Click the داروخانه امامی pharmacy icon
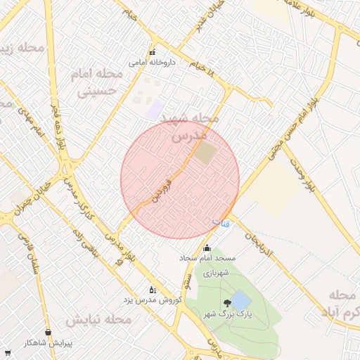click(x=152, y=53)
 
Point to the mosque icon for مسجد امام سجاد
click(x=206, y=248)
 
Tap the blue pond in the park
click(x=240, y=300)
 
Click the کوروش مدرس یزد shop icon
click(x=152, y=289)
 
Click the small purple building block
click(x=155, y=109)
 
